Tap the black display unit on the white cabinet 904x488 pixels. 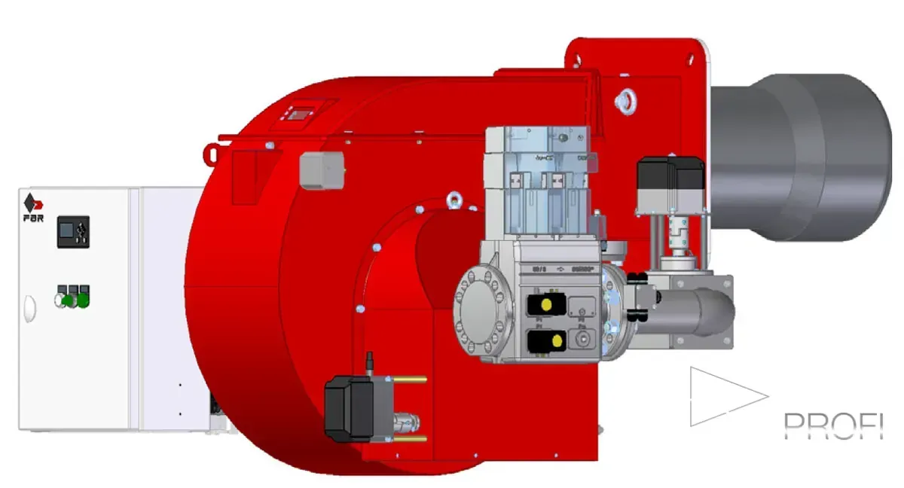(73, 231)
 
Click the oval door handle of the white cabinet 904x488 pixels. (29, 308)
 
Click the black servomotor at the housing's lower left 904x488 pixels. (350, 407)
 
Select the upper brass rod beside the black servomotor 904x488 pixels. (411, 380)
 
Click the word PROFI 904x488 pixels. (832, 425)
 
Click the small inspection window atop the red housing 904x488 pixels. (301, 113)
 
